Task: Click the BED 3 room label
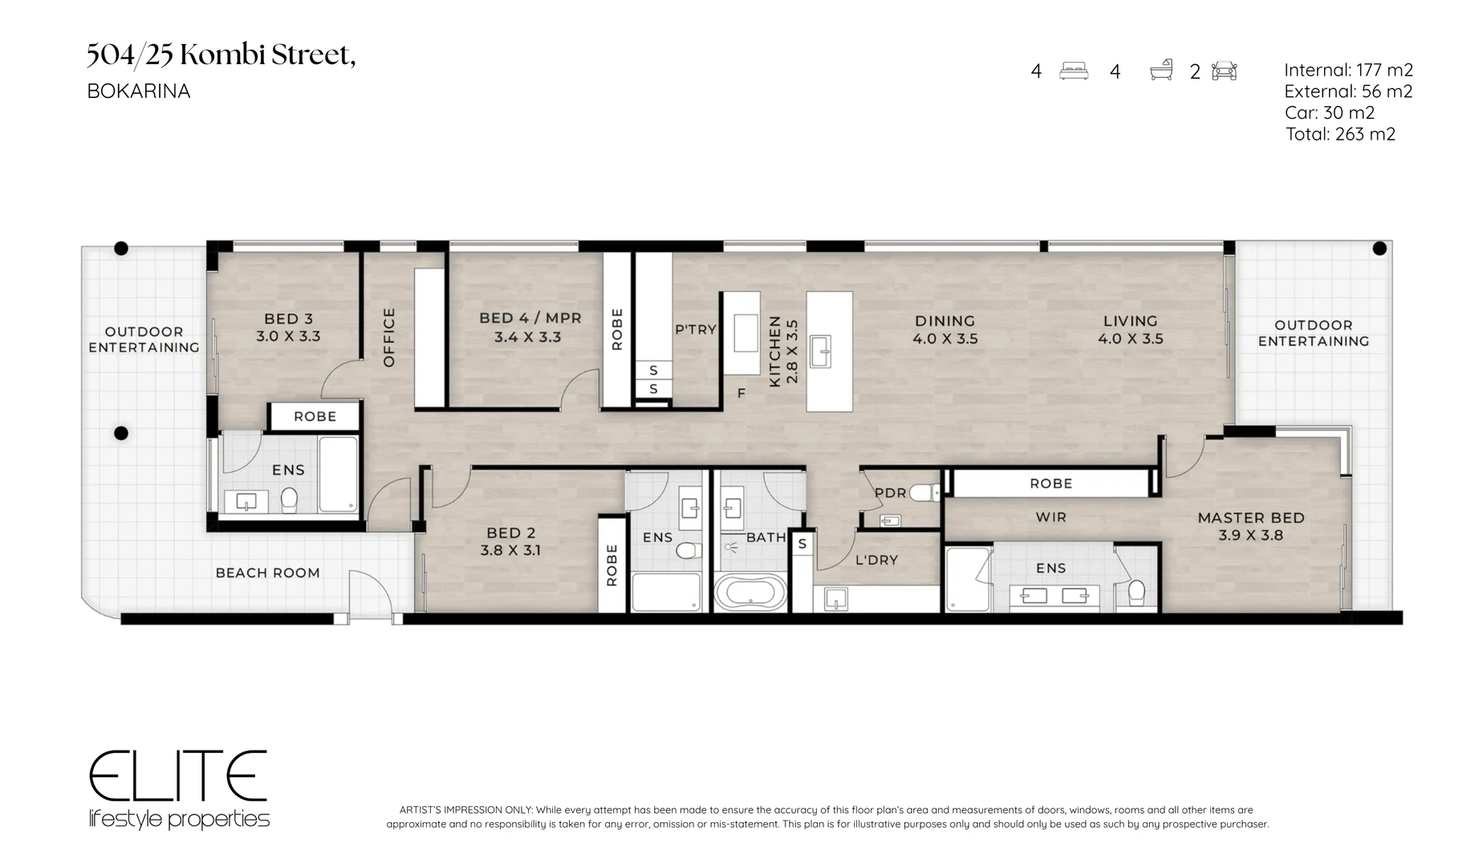click(288, 319)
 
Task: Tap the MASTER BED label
click(1251, 518)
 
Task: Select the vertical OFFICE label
click(389, 337)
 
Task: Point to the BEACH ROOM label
click(268, 572)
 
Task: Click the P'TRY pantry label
click(695, 329)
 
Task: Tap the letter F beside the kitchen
click(741, 393)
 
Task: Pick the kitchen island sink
click(820, 352)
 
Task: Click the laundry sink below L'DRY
click(835, 599)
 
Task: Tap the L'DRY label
click(876, 560)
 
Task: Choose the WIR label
click(1050, 517)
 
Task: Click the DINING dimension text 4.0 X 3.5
click(945, 339)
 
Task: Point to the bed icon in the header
click(1074, 71)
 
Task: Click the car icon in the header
click(1224, 71)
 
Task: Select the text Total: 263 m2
click(1340, 134)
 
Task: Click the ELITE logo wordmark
click(177, 775)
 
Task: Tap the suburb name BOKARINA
click(139, 92)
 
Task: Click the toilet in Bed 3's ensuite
click(290, 500)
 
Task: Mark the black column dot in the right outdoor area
click(1379, 249)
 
